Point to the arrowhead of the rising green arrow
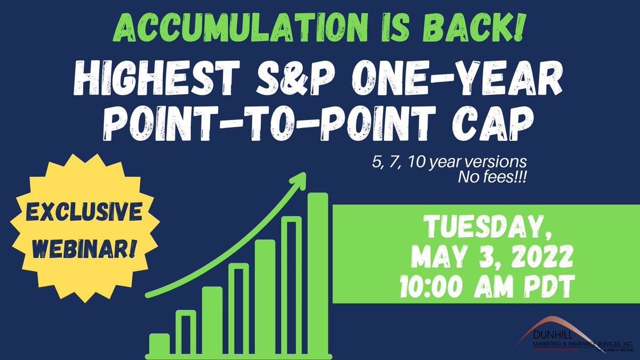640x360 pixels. click(x=299, y=180)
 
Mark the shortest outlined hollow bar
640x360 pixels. click(x=186, y=333)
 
